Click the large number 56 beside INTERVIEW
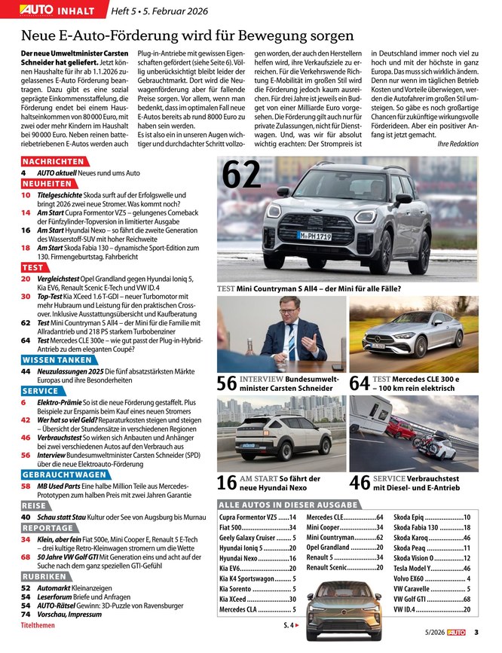coord(226,383)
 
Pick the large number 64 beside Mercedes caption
coord(360,383)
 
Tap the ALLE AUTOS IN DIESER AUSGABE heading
coord(288,504)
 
